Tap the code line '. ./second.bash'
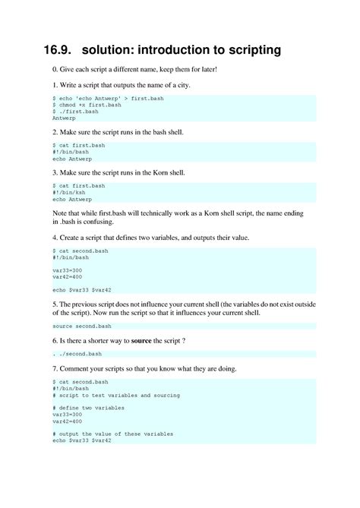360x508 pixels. tap(77, 354)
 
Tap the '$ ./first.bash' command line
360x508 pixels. tap(75, 112)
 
